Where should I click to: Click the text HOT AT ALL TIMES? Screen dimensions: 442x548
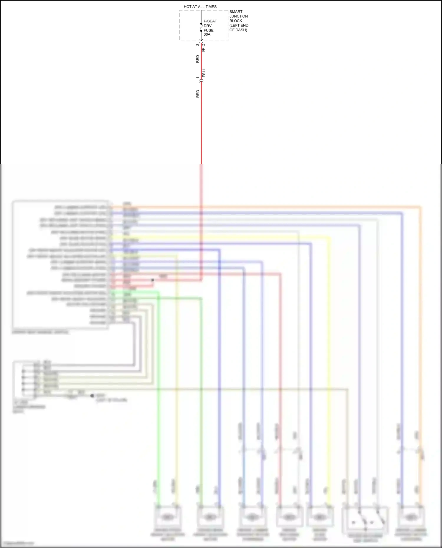(200, 7)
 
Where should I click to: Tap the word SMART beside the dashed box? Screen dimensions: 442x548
(236, 12)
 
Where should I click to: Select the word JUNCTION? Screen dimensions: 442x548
(238, 16)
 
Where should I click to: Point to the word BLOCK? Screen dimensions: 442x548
(235, 21)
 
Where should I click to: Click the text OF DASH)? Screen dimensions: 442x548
(238, 30)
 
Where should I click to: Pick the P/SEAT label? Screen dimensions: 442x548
(210, 21)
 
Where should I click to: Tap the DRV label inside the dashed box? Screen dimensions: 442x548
(207, 26)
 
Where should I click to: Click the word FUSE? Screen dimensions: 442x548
(208, 30)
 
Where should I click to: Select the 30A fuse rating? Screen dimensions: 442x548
(207, 34)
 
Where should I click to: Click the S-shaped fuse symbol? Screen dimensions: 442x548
(201, 27)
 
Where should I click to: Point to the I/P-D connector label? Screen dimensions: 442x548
(204, 48)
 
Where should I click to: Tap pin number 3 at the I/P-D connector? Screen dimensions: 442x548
(197, 45)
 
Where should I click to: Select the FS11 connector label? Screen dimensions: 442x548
(204, 73)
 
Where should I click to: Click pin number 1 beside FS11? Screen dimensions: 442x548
(197, 78)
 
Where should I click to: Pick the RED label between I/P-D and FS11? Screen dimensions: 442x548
(197, 59)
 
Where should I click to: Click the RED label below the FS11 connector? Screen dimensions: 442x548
(197, 94)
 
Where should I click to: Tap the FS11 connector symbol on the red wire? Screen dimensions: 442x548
(201, 80)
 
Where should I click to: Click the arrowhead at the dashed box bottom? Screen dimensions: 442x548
(201, 40)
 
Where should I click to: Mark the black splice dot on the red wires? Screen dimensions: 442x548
(153, 280)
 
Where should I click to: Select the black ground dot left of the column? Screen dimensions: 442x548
(92, 395)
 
